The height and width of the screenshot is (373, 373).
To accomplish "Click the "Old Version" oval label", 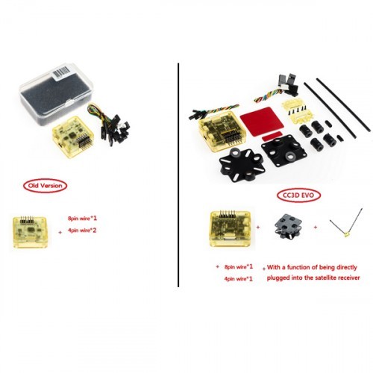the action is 45,186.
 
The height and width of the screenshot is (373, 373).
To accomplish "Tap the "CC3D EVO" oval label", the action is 298,195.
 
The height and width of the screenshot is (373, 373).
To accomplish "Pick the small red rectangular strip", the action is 271,137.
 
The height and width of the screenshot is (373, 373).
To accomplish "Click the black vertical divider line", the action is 178,175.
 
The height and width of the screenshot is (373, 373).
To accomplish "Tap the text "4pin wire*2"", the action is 82,231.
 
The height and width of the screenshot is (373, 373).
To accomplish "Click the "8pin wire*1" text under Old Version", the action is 82,219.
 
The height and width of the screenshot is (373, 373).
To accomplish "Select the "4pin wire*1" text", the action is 238,279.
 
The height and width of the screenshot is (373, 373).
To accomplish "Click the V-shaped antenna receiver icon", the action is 345,222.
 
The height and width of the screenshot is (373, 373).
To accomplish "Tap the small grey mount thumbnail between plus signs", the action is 287,226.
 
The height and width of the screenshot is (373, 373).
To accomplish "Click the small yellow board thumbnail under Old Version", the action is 30,232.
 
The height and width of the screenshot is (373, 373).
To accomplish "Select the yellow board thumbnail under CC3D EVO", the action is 231,228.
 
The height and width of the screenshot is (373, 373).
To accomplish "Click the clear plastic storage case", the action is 57,94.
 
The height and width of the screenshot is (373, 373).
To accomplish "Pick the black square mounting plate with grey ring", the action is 283,151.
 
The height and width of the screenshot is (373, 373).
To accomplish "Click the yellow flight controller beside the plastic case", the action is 73,137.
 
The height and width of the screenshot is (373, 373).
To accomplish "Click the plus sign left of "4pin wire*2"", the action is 60,233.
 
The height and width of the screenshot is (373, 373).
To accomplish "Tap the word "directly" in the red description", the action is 346,268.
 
